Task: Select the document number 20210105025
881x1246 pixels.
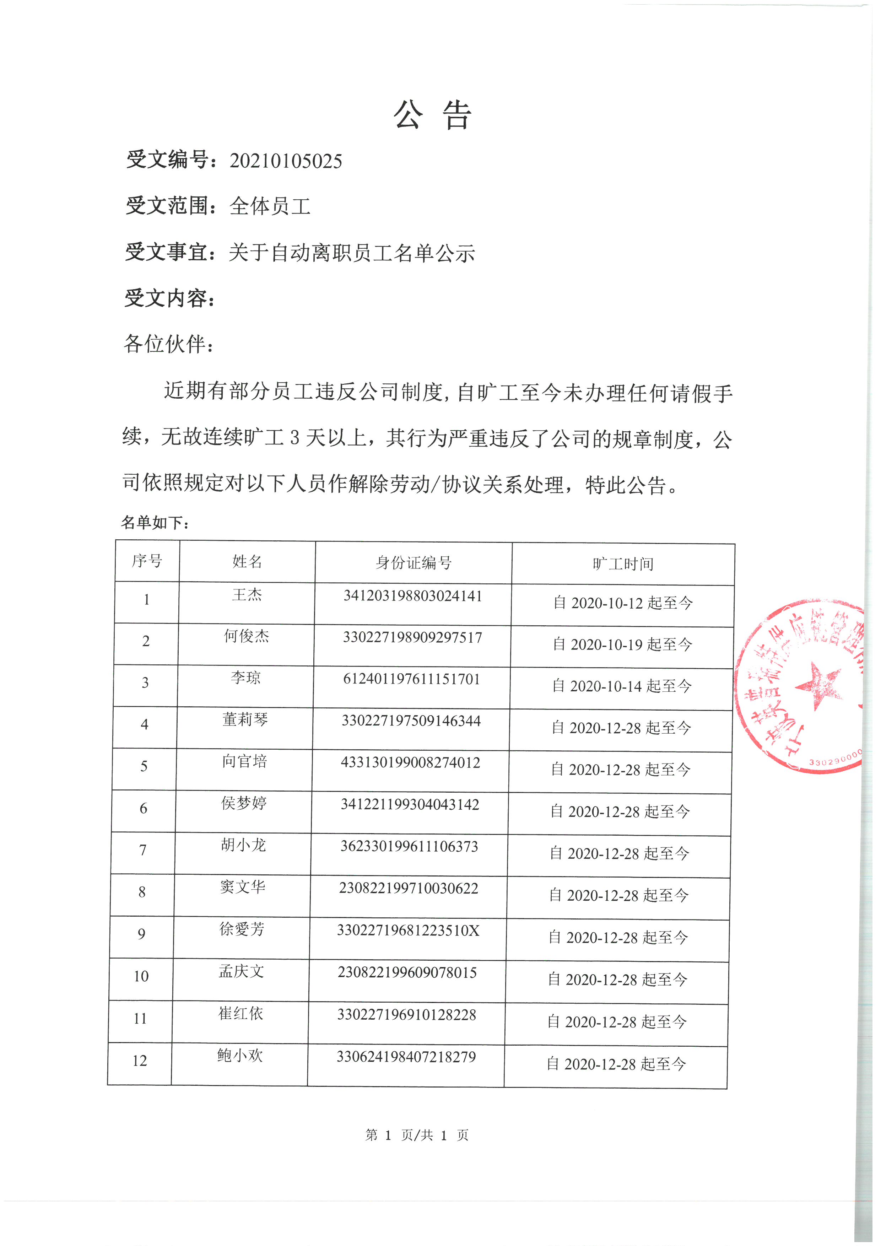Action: click(286, 161)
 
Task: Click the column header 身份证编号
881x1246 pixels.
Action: click(414, 563)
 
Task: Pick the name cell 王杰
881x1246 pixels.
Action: click(247, 595)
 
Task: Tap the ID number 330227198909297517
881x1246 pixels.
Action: click(412, 637)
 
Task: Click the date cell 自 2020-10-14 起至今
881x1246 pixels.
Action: click(622, 686)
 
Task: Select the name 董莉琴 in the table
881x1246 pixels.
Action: click(245, 719)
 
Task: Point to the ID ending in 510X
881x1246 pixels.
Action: click(408, 930)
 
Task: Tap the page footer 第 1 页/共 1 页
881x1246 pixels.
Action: click(417, 1135)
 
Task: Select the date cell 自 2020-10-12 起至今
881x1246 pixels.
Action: click(623, 603)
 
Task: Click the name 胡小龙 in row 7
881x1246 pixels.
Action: click(243, 845)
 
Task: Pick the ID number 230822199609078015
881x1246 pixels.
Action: click(407, 972)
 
